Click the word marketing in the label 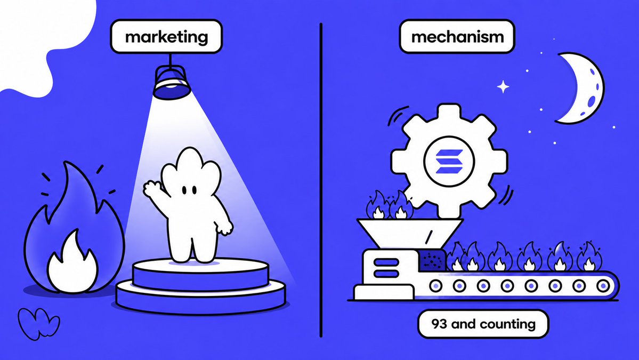click(x=166, y=37)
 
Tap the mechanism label click(x=457, y=37)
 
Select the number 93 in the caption click(x=439, y=324)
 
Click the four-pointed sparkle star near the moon click(x=503, y=86)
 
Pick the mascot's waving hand click(x=151, y=189)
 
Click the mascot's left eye click(x=184, y=190)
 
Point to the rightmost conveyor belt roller click(x=603, y=286)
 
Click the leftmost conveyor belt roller click(x=435, y=286)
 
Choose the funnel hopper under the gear click(x=409, y=234)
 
